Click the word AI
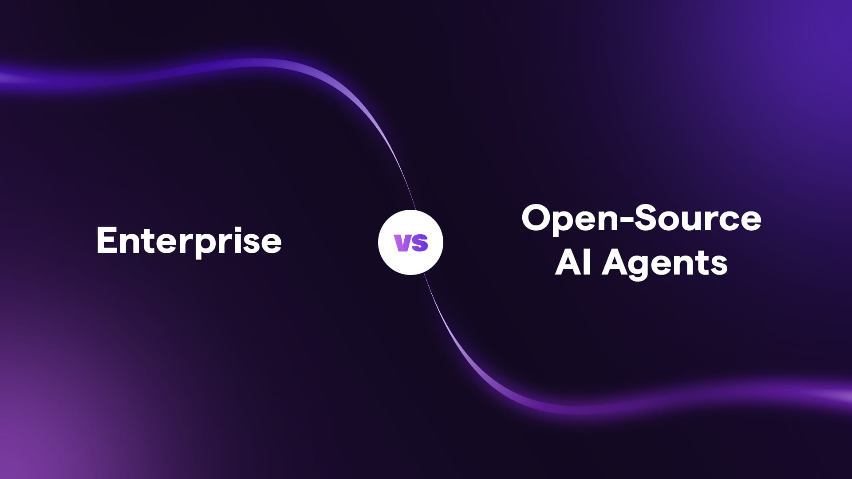(x=572, y=262)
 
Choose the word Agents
(x=665, y=264)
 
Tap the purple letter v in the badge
(x=402, y=243)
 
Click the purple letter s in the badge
(x=419, y=243)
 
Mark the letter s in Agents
(x=719, y=266)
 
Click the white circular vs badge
(x=410, y=243)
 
